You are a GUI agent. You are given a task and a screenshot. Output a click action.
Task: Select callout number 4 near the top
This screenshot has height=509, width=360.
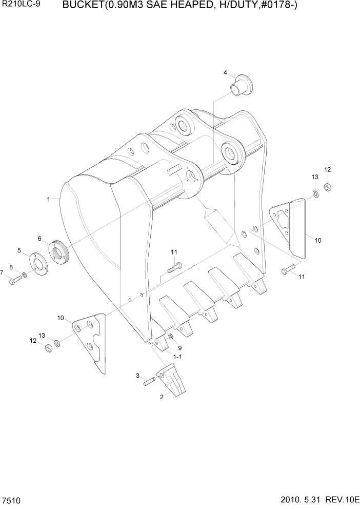pyautogui.click(x=225, y=73)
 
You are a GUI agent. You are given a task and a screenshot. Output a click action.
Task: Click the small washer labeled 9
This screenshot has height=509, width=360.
pyautogui.click(x=171, y=336)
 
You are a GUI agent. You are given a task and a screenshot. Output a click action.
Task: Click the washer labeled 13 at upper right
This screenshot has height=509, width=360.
pyautogui.click(x=316, y=194)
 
